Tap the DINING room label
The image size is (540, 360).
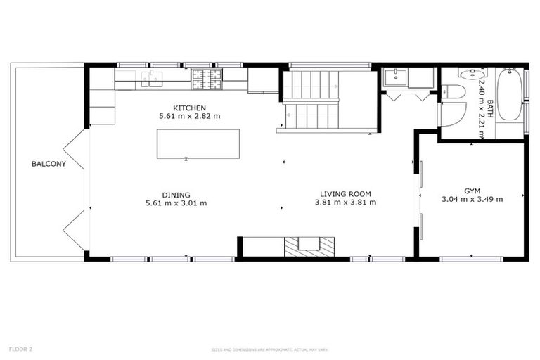coord(176,195)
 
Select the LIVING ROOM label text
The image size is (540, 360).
coord(345,194)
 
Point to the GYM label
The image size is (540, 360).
coord(472,191)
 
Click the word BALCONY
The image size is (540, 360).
coord(49,165)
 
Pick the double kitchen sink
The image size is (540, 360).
coord(151,77)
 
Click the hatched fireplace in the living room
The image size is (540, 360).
coord(309,246)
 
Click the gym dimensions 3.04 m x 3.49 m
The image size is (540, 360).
coord(472,200)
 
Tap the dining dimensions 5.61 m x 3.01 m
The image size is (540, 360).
coord(176,203)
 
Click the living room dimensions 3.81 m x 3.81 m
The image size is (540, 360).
coord(345,202)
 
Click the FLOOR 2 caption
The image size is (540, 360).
coord(20,349)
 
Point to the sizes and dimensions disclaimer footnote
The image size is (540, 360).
coord(270,349)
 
